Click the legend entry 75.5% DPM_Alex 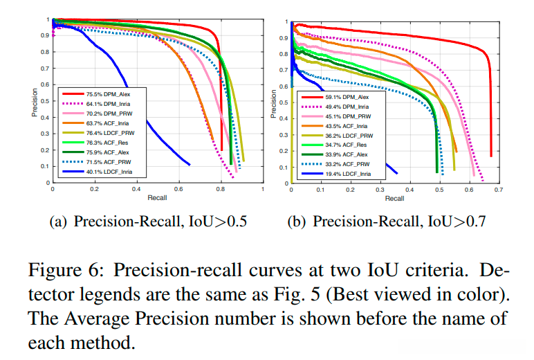(x=107, y=93)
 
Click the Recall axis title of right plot (x=394, y=198)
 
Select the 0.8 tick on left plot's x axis (x=221, y=189)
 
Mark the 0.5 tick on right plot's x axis (x=439, y=189)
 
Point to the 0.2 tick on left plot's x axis (x=94, y=189)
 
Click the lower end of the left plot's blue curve (x=189, y=164)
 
